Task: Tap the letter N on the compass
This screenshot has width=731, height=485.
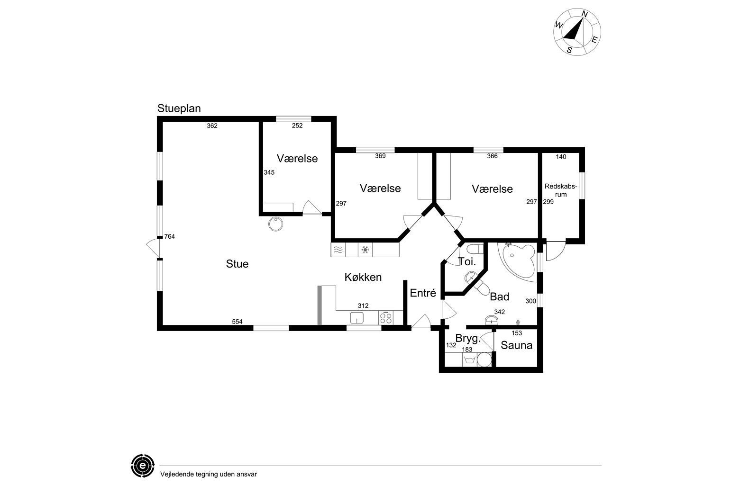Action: coord(585,14)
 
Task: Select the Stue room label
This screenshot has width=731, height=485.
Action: coord(237,264)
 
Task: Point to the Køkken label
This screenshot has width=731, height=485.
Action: coord(363,277)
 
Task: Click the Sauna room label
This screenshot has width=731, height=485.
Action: coord(517,345)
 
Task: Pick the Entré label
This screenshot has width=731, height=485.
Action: coord(423,293)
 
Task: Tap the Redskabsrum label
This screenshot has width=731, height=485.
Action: coord(561,190)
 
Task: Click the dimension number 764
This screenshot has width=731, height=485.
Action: coord(169,237)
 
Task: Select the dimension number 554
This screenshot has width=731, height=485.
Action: coord(237,322)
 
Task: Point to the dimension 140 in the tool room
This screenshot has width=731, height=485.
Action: coord(561,157)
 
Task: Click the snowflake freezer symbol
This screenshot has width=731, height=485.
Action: coord(365,250)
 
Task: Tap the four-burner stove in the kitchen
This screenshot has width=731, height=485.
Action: coord(386,317)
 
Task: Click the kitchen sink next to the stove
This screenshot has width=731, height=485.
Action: coord(357,318)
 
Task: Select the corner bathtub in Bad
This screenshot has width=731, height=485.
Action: coord(518,261)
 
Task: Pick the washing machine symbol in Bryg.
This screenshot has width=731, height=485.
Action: coord(470,360)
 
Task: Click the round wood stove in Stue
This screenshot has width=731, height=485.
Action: coord(276,224)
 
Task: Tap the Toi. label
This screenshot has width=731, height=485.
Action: coord(467,261)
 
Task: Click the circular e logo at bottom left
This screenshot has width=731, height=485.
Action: coord(143,466)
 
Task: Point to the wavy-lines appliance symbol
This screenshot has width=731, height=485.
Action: coord(338,250)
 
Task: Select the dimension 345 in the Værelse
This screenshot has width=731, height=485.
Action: coord(269,172)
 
